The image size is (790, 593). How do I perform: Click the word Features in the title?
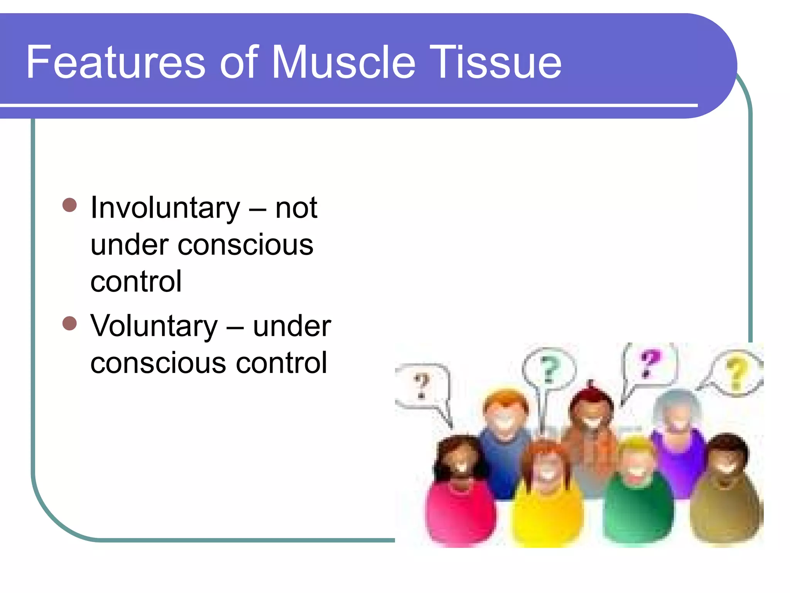pyautogui.click(x=115, y=62)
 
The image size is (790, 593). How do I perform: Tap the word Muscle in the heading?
pyautogui.click(x=343, y=62)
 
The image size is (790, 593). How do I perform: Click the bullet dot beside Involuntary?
pyautogui.click(x=69, y=205)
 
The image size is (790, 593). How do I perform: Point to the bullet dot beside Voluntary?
pyautogui.click(x=69, y=324)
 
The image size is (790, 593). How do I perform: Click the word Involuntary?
pyautogui.click(x=165, y=208)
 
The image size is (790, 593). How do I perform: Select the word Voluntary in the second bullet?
pyautogui.click(x=154, y=326)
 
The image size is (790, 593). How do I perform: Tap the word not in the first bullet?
pyautogui.click(x=296, y=208)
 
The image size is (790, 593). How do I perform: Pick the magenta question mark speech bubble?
pyautogui.click(x=650, y=363)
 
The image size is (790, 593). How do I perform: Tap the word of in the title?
pyautogui.click(x=238, y=62)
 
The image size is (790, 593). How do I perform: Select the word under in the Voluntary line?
pyautogui.click(x=292, y=326)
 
